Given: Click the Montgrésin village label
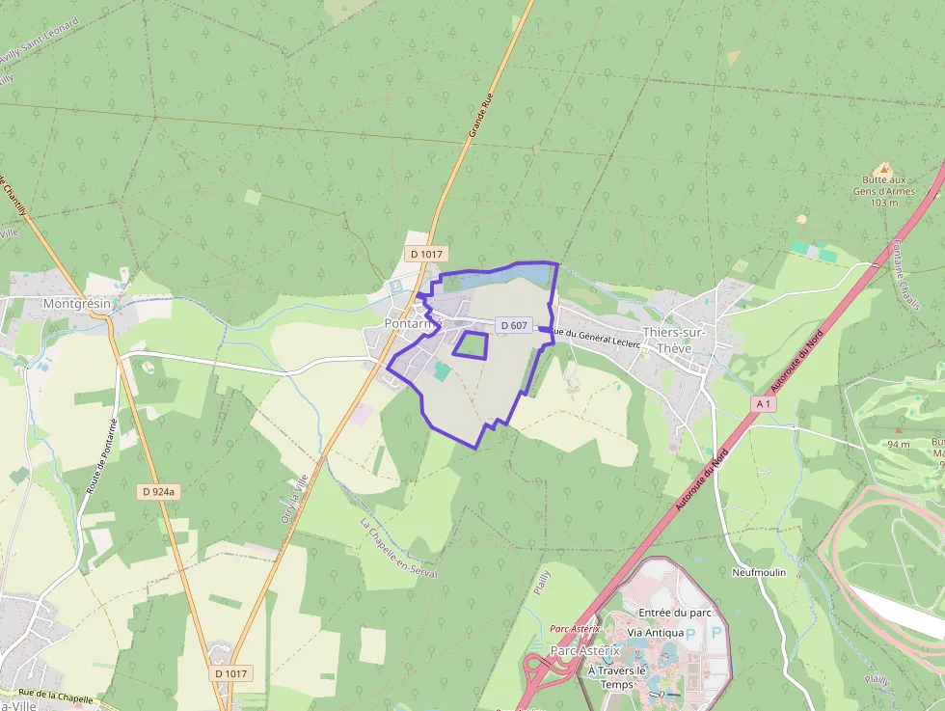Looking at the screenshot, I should (77, 303).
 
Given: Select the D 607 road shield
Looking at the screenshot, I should (514, 325).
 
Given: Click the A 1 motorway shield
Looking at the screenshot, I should (763, 404).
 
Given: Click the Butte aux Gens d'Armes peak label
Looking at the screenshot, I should (883, 190).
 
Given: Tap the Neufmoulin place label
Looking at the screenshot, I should (759, 572).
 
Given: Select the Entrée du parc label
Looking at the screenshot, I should (675, 613).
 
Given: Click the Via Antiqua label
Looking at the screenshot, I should (655, 633).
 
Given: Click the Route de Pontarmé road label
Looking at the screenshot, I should (101, 455).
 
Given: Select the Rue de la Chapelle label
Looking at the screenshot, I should (56, 697).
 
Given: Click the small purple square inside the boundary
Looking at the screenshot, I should (471, 344).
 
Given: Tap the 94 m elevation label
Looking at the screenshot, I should (899, 444).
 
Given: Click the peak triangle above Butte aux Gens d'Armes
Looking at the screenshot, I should (883, 169).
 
